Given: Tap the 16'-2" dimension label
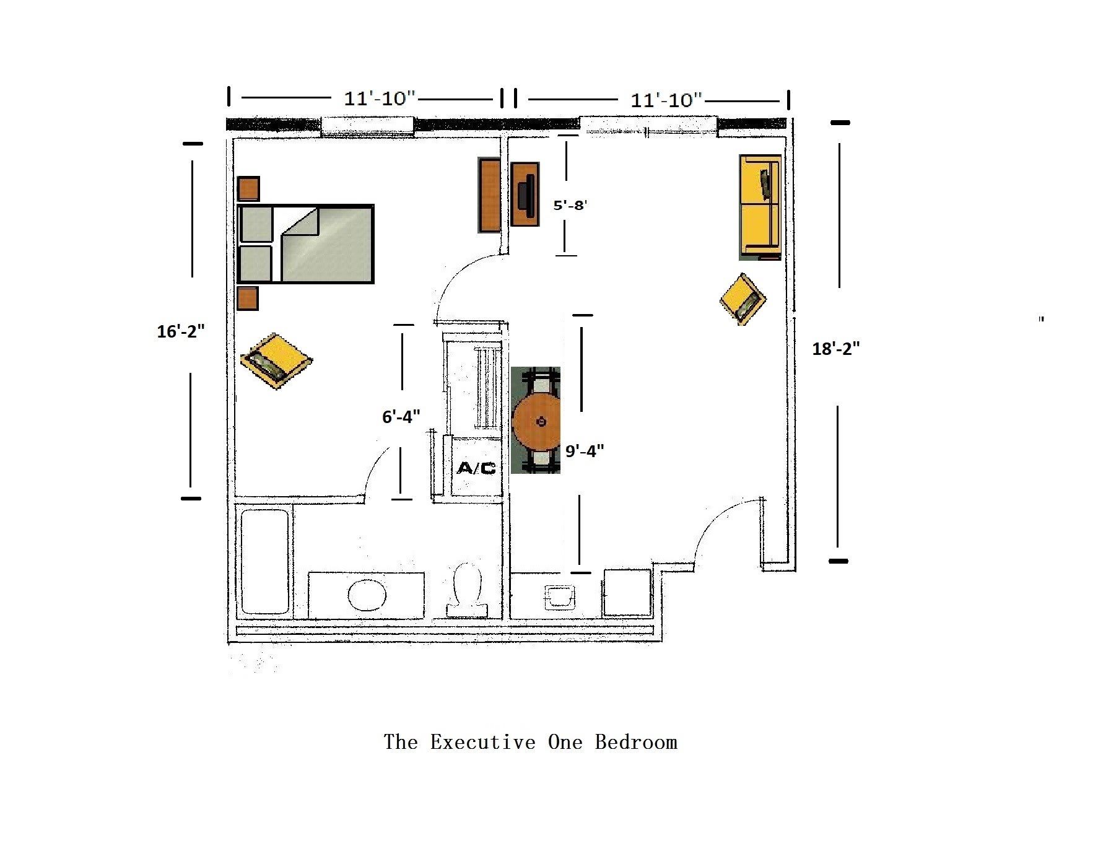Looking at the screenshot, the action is [180, 332].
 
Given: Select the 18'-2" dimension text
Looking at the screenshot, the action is [836, 349].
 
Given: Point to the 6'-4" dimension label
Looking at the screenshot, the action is [401, 417].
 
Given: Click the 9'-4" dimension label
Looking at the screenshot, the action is [585, 451].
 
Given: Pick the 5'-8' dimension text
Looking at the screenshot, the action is [570, 205].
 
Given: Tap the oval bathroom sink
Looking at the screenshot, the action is [367, 595].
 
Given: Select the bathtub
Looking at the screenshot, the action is [264, 561].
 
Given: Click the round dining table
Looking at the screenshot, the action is [536, 421].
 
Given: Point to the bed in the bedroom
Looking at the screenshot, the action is [306, 243].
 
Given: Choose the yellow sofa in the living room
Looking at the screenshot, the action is [760, 207].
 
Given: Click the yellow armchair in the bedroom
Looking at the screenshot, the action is [276, 361].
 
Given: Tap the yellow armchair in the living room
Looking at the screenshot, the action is [743, 299].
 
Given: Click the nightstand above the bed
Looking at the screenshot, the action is [248, 188].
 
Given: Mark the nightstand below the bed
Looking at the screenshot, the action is [248, 299].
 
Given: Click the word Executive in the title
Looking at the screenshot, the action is [483, 741].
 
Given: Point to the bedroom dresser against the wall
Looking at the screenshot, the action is [489, 195].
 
